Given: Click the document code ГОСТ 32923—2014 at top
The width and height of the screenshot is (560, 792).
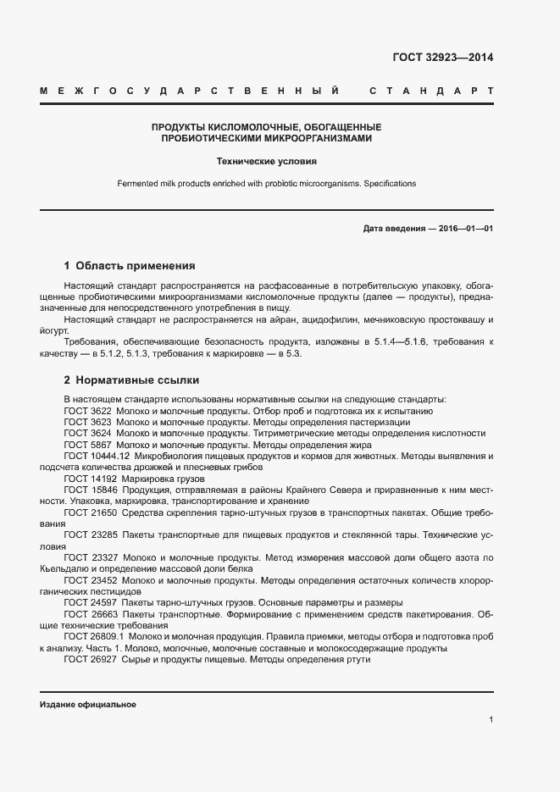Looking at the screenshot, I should [x=442, y=58].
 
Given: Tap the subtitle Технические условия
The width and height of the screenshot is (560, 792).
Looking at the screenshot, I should [x=266, y=160].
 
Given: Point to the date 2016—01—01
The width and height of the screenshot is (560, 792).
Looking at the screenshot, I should [x=463, y=229].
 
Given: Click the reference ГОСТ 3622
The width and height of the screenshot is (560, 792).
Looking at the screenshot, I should [x=87, y=410].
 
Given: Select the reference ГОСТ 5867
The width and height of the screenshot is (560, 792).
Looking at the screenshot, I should [x=87, y=444].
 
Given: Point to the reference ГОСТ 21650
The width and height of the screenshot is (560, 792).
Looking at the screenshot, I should [x=90, y=512].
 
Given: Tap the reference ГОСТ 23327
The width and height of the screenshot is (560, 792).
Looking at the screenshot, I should [x=90, y=558].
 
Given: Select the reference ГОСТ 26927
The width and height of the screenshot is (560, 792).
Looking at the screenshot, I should [x=90, y=660].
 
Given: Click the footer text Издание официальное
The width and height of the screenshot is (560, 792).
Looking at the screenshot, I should [x=87, y=705].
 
